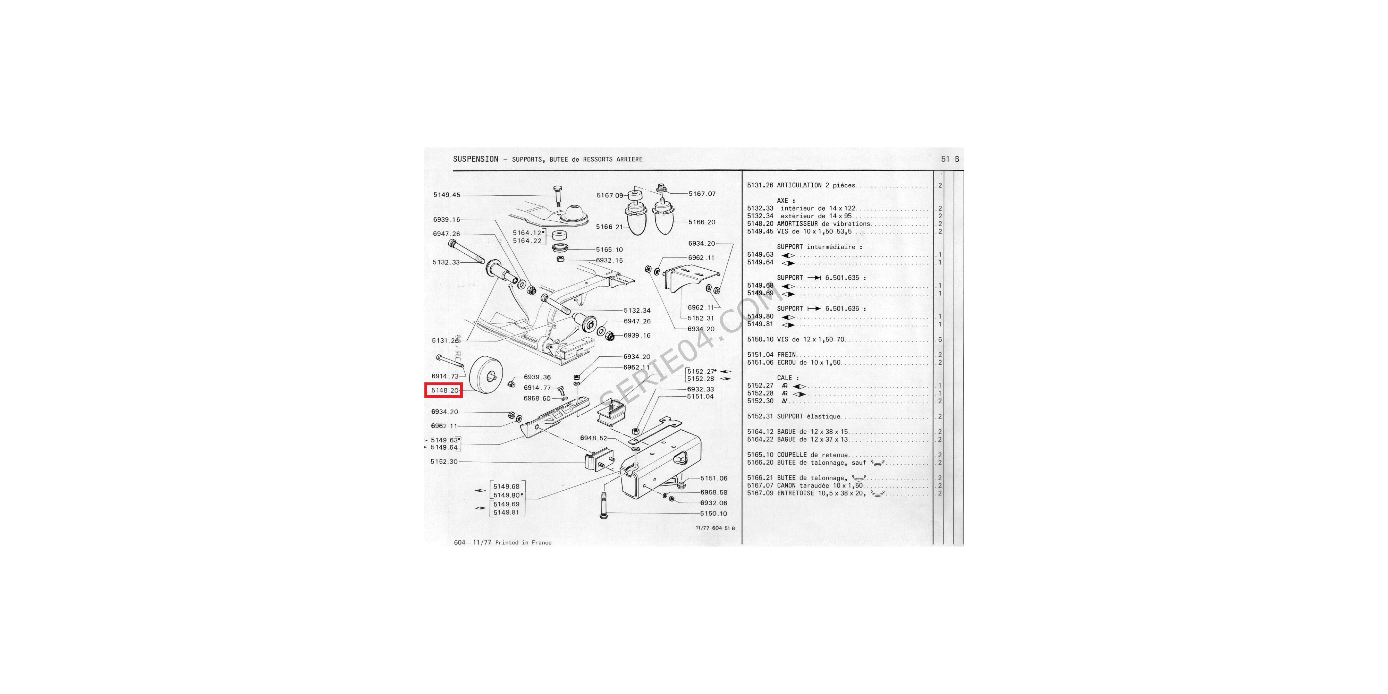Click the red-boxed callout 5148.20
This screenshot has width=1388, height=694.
click(x=444, y=390)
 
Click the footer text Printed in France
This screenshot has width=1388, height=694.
click(x=523, y=543)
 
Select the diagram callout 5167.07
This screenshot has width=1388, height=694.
click(x=702, y=194)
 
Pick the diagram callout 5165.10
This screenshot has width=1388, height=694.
click(x=609, y=249)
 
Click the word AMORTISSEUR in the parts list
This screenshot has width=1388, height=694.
click(x=797, y=223)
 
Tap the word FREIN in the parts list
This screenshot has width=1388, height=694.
click(x=786, y=355)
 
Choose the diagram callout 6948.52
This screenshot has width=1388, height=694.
click(x=593, y=438)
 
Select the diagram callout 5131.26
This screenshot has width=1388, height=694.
click(x=445, y=340)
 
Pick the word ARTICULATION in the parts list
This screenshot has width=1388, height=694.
click(x=799, y=185)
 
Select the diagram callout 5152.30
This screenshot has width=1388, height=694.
click(x=444, y=462)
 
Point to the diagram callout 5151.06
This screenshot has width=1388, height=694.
click(x=714, y=479)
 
